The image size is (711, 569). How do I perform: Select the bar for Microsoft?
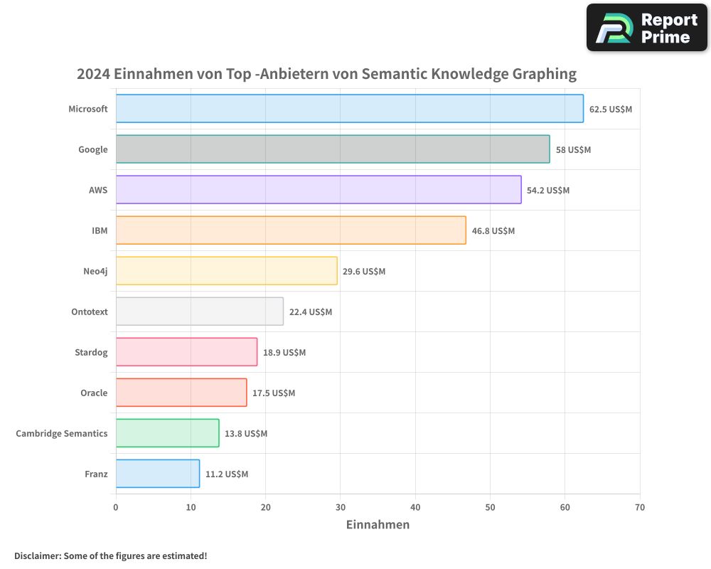point(349,109)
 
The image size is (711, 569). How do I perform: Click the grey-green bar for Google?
point(332,149)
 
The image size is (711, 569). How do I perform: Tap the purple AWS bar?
point(318,190)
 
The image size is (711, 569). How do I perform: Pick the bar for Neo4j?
point(226,271)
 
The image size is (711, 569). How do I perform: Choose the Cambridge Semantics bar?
point(167,433)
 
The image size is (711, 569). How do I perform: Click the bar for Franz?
point(157,474)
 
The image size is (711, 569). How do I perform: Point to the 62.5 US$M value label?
point(610,110)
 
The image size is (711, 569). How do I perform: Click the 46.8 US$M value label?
point(493,231)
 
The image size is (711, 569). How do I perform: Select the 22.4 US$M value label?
point(310,312)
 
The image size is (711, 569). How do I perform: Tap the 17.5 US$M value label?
point(273,393)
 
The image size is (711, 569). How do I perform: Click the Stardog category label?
point(91,353)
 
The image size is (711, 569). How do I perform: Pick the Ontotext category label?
point(90,312)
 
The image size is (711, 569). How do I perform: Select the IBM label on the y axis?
point(100,231)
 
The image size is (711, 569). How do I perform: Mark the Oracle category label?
point(94,393)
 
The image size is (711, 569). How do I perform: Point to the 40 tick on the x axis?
point(415,508)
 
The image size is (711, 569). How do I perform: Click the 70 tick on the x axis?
point(640,508)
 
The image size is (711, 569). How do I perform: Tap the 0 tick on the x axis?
point(116,508)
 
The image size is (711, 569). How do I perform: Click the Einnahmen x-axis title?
point(378,525)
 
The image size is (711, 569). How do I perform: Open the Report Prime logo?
point(646,28)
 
